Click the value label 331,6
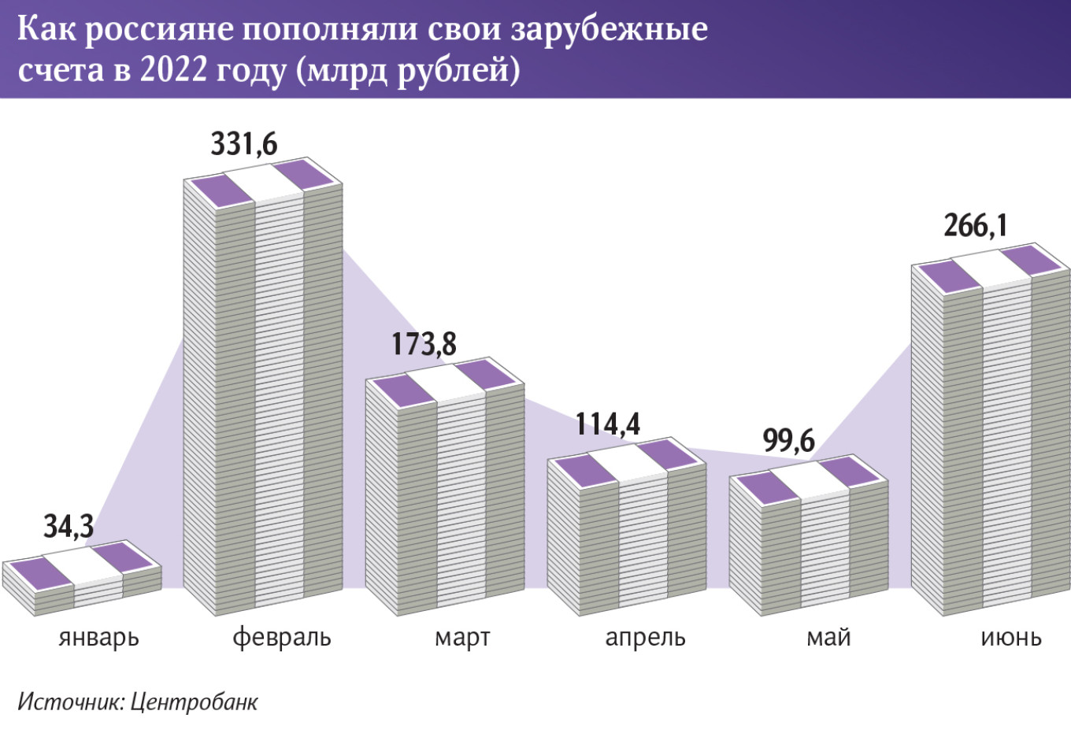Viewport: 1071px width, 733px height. pyautogui.click(x=244, y=144)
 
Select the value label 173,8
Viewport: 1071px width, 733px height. pyautogui.click(x=424, y=344)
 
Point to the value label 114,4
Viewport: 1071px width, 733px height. pyautogui.click(x=608, y=424)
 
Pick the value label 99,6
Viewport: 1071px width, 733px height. pyautogui.click(x=789, y=441)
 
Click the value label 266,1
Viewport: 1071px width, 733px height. pyautogui.click(x=976, y=226)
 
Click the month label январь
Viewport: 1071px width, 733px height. pyautogui.click(x=98, y=637)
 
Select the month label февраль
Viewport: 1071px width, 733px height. pyautogui.click(x=282, y=637)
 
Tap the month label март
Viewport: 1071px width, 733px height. pyautogui.click(x=462, y=637)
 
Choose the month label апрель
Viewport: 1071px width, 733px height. pyautogui.click(x=645, y=637)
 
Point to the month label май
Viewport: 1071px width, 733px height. pyautogui.click(x=828, y=637)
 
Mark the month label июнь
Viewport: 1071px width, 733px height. pyautogui.click(x=1011, y=637)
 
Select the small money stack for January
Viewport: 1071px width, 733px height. pyautogui.click(x=82, y=579)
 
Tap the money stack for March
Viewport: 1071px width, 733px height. pyautogui.click(x=445, y=488)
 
